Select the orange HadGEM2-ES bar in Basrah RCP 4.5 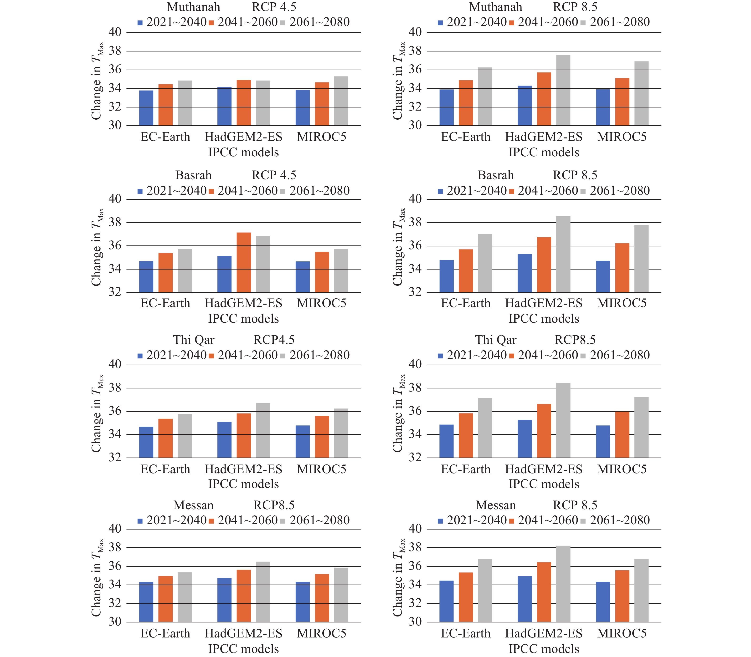pos(243,263)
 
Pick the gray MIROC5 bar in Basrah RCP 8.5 pos(641,259)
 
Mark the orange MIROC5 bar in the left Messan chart pos(322,598)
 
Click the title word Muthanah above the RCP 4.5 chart pos(193,7)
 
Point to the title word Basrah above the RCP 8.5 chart pos(495,175)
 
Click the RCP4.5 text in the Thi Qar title pos(274,340)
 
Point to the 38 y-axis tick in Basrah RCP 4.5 pos(115,223)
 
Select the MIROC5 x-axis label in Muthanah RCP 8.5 pos(622,137)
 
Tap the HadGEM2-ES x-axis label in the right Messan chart pos(543,634)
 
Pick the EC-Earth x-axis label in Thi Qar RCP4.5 pos(165,469)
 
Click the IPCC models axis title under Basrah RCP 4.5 pos(243,319)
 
